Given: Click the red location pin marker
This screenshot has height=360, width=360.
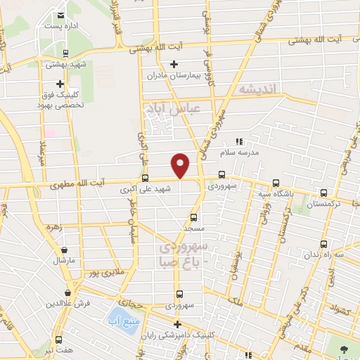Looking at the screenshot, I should (x=181, y=165).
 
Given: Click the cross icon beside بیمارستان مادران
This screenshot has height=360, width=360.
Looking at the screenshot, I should (x=174, y=64).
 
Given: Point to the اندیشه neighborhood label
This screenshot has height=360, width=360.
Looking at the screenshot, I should (x=259, y=89).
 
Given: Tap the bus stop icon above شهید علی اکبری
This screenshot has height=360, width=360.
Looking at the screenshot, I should (x=146, y=178).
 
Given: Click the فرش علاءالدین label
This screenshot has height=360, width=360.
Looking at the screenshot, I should (x=67, y=304).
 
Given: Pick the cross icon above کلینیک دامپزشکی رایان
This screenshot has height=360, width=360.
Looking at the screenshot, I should (x=179, y=324).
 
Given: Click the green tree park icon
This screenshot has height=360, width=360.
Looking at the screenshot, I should (x=344, y=349).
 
